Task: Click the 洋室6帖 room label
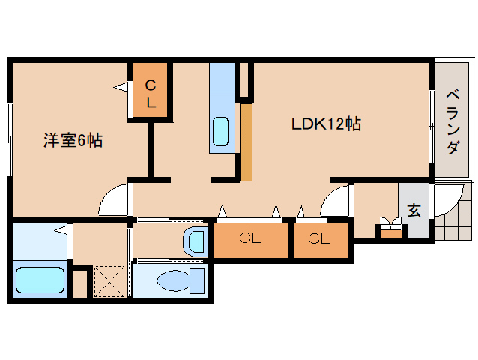click(73, 140)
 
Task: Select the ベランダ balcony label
click(452, 121)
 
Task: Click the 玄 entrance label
click(414, 211)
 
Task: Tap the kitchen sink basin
click(222, 132)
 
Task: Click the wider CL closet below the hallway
click(250, 240)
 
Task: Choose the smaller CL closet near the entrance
click(320, 240)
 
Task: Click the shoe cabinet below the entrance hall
click(390, 231)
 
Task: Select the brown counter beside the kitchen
click(246, 141)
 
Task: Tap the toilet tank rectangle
click(198, 280)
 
